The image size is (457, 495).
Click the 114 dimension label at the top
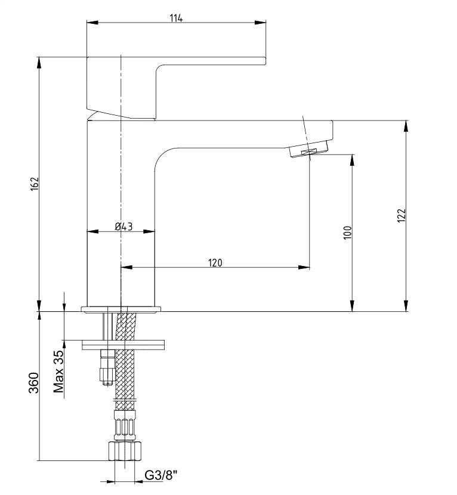[176, 18]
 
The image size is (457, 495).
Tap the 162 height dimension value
[35, 184]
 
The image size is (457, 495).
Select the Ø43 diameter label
[124, 227]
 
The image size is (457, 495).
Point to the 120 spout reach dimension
[215, 262]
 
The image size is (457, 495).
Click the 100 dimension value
[347, 233]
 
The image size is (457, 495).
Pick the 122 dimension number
[401, 216]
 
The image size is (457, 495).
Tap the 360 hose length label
[34, 383]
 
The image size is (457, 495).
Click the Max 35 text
[58, 372]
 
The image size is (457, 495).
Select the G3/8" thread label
[161, 475]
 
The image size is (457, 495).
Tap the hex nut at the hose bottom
[125, 451]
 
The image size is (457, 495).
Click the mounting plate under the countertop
[123, 345]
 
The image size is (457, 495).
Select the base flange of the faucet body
[121, 310]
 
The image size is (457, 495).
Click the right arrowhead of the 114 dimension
[260, 23]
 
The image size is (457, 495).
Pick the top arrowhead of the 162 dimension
[39, 63]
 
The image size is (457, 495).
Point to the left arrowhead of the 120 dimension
[126, 267]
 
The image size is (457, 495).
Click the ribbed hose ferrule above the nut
[125, 426]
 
